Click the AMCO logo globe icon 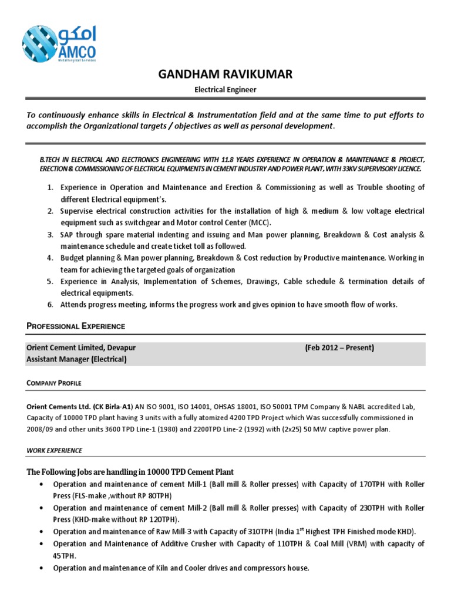[40, 43]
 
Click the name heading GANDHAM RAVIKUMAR [225, 74]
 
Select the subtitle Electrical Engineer [225, 89]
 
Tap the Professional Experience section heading [75, 326]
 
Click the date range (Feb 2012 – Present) [339, 347]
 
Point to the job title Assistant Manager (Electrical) [76, 359]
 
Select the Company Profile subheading [54, 383]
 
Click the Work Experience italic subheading [55, 450]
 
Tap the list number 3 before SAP [51, 234]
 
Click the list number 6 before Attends [51, 304]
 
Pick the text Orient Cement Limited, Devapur [81, 347]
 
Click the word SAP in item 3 [68, 234]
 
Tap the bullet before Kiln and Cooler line [39, 568]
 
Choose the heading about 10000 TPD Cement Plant [130, 472]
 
